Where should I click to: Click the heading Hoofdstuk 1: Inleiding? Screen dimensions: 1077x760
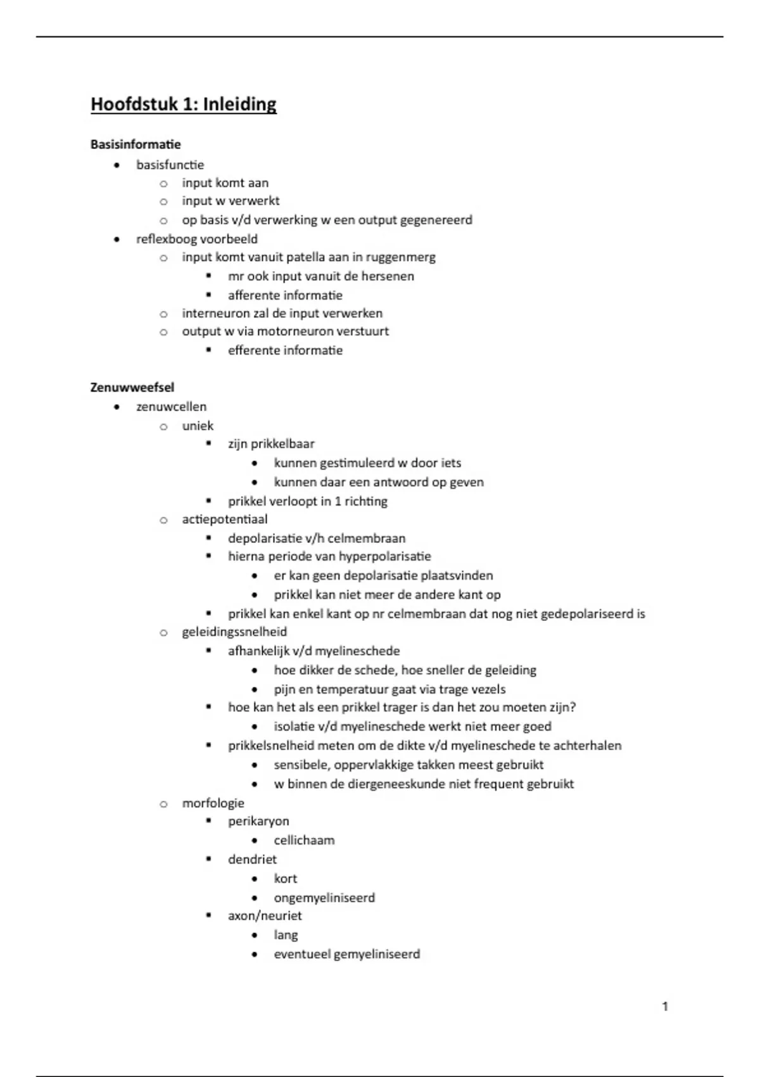click(184, 104)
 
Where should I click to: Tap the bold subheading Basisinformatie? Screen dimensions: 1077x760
click(136, 144)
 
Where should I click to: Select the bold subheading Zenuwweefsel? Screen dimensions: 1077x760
click(132, 387)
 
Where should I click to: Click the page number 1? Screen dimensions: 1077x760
click(665, 1006)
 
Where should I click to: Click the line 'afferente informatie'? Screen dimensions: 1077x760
click(285, 295)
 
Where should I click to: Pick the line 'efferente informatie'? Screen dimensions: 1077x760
click(285, 350)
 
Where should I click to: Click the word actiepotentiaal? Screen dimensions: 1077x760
click(225, 519)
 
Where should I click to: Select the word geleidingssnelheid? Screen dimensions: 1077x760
click(234, 632)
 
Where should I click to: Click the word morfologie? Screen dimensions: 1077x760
click(213, 803)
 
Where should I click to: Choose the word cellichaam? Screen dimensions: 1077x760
click(304, 840)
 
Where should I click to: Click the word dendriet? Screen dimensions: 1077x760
click(252, 859)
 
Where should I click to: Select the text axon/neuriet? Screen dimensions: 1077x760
click(265, 915)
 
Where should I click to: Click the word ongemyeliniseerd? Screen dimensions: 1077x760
click(324, 898)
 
